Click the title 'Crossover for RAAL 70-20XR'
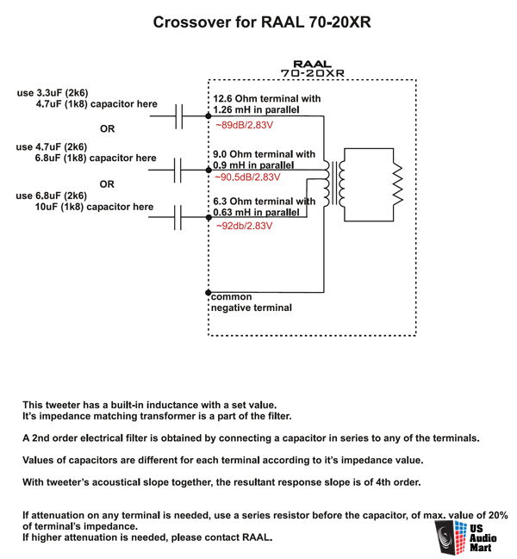[262, 22]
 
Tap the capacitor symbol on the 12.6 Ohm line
[179, 116]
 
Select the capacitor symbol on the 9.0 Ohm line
[178, 170]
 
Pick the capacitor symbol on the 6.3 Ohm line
[178, 217]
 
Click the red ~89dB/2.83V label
[244, 125]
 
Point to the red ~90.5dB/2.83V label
[247, 177]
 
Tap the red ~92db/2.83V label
[244, 226]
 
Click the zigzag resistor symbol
[397, 184]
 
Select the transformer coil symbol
[333, 183]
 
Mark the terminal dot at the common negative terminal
[209, 292]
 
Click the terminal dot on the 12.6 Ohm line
[209, 116]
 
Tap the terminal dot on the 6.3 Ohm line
[209, 217]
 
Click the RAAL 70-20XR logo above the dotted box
[312, 68]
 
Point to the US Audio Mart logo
[465, 538]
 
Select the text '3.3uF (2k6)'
[62, 93]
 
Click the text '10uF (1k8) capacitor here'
[94, 207]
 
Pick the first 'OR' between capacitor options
[108, 128]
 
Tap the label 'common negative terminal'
[251, 302]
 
